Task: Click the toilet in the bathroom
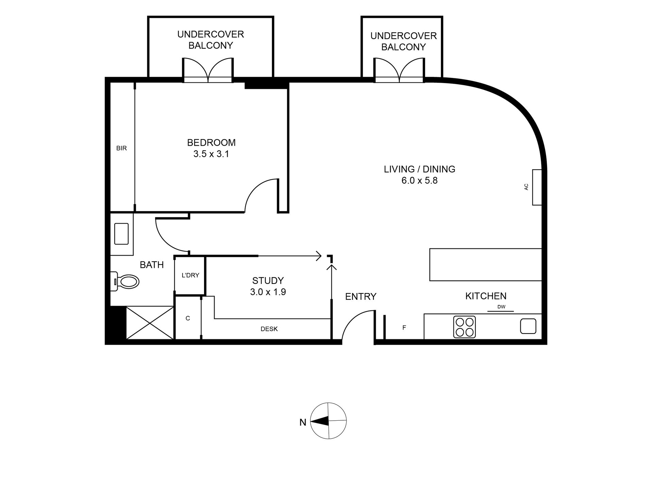click(125, 281)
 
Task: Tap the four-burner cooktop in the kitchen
click(464, 327)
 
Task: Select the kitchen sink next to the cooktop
click(528, 326)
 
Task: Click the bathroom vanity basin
click(121, 234)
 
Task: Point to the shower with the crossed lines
click(150, 322)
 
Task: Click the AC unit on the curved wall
click(537, 187)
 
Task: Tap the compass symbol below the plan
click(329, 421)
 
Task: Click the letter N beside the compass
click(303, 422)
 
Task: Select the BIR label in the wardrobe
click(121, 148)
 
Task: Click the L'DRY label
click(190, 275)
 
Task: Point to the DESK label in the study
click(269, 329)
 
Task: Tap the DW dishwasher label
click(501, 307)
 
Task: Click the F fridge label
click(404, 328)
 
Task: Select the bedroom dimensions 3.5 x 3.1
click(211, 154)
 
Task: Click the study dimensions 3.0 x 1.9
click(268, 292)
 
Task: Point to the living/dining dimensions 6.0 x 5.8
click(420, 180)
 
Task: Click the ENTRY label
click(361, 297)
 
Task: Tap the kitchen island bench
click(486, 265)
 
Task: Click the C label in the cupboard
click(188, 318)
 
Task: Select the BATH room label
click(152, 265)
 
